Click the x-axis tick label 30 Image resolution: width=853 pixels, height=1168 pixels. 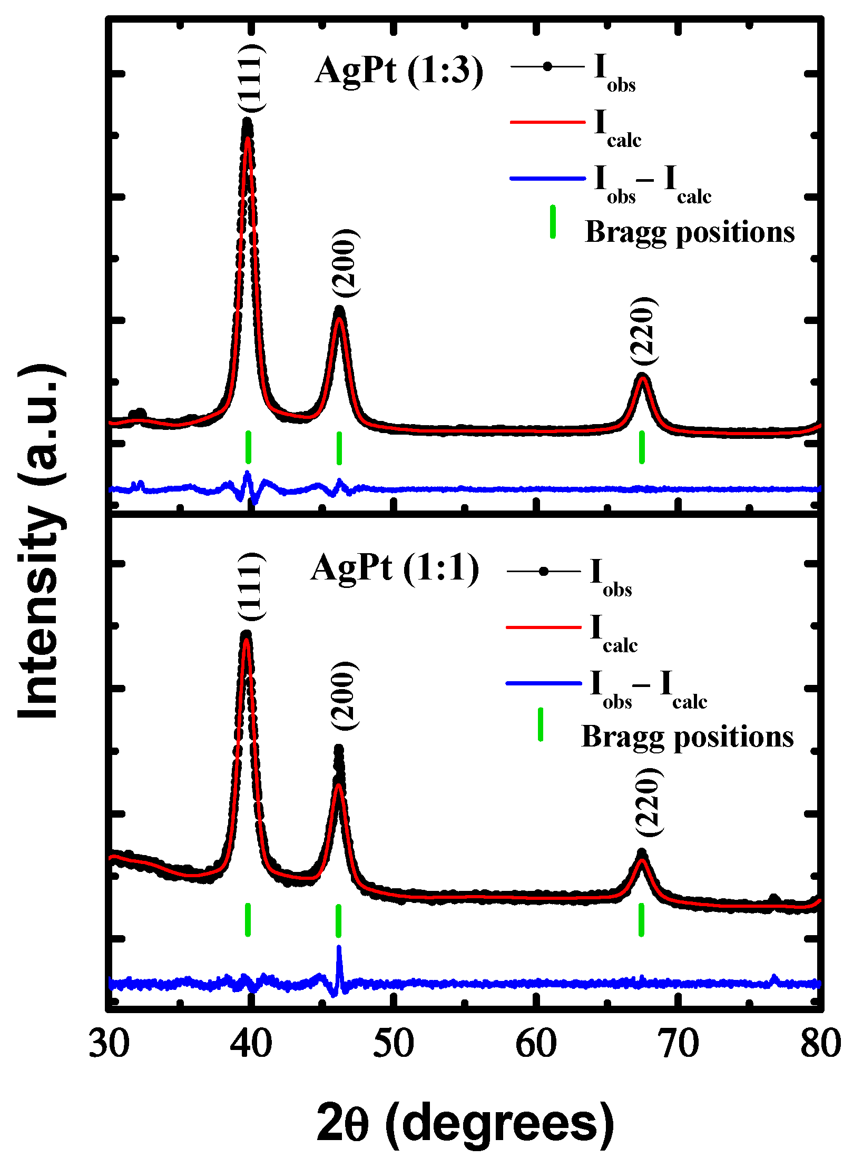(109, 1044)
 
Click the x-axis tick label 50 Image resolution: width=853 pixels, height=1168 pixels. (393, 1044)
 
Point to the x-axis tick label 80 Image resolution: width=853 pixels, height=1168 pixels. (820, 1044)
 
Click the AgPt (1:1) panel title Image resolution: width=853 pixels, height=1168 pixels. (395, 568)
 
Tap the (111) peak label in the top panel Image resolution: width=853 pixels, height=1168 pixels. (252, 77)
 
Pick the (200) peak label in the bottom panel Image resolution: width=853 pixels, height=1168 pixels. (345, 695)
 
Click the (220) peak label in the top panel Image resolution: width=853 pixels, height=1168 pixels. (644, 331)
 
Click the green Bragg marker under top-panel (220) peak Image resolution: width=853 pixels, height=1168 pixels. (642, 447)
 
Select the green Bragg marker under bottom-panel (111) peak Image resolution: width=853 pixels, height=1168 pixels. (248, 920)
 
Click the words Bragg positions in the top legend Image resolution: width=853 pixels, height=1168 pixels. (689, 232)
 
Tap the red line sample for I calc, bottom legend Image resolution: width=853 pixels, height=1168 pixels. (543, 627)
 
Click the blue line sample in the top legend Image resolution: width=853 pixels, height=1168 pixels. (547, 179)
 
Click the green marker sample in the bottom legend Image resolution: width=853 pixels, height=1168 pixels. (540, 725)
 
